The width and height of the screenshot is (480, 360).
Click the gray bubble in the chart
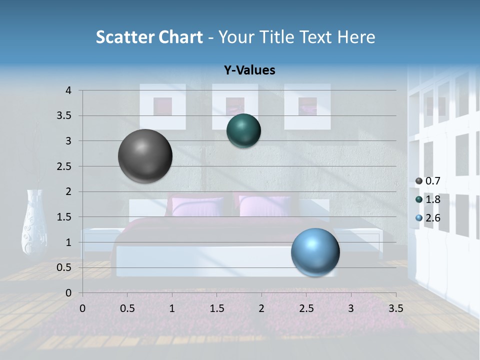click(x=145, y=156)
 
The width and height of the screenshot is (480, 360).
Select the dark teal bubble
click(x=243, y=130)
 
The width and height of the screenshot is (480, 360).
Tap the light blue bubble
click(x=315, y=252)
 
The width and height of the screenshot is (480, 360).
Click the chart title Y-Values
click(x=249, y=70)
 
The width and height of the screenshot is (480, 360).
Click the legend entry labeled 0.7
click(x=432, y=181)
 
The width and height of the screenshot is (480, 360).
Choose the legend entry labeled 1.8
click(x=432, y=199)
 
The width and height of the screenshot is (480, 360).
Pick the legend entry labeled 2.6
click(x=432, y=218)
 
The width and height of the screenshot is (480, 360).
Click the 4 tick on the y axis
click(x=69, y=90)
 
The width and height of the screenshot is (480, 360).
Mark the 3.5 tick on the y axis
click(x=64, y=116)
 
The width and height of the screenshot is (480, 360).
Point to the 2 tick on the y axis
click(x=69, y=191)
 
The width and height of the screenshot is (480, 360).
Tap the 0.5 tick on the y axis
click(x=64, y=267)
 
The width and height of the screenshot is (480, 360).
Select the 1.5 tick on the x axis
click(x=216, y=308)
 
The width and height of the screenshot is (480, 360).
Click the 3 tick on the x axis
click(x=351, y=308)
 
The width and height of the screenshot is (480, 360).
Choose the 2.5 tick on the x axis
click(x=306, y=308)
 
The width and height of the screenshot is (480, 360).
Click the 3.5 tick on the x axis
click(x=395, y=308)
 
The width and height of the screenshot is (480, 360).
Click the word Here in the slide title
click(x=356, y=37)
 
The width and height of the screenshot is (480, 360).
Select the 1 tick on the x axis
click(x=172, y=308)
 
